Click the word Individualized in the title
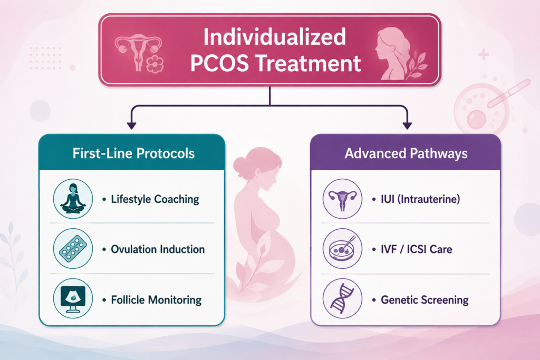pyautogui.click(x=274, y=36)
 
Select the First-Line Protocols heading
pyautogui.click(x=133, y=153)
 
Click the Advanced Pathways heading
pyautogui.click(x=406, y=153)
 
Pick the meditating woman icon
pyautogui.click(x=73, y=199)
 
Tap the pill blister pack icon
pyautogui.click(x=73, y=248)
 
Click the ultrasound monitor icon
pyautogui.click(x=73, y=298)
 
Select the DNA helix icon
pyautogui.click(x=342, y=298)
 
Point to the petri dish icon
pyautogui.click(x=342, y=248)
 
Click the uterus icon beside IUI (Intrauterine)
pyautogui.click(x=342, y=199)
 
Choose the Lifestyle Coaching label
pyautogui.click(x=155, y=199)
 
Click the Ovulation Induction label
pyautogui.click(x=158, y=249)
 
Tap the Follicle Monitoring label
pyautogui.click(x=156, y=300)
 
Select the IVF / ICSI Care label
pyautogui.click(x=417, y=249)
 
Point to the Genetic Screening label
pyautogui.click(x=425, y=300)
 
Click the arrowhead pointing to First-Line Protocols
pyautogui.click(x=131, y=125)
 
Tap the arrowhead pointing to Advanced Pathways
pyautogui.click(x=408, y=125)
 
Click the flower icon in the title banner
pyautogui.click(x=155, y=64)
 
